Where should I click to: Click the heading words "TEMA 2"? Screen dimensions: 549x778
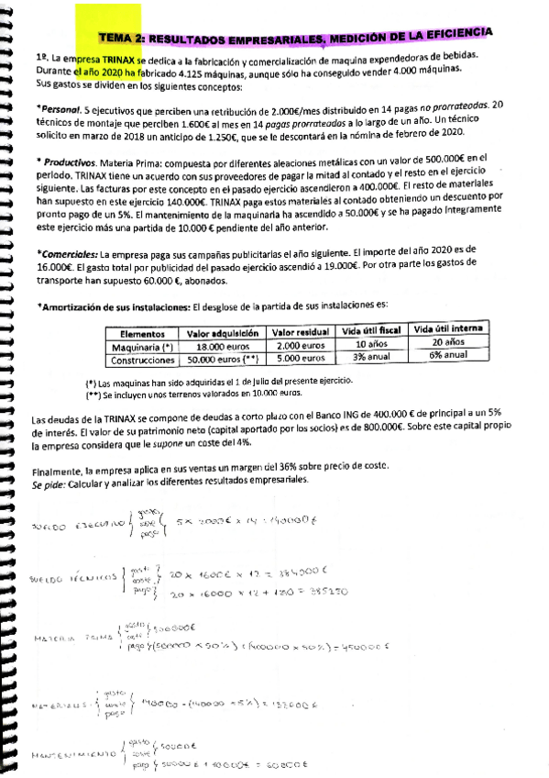click(121, 39)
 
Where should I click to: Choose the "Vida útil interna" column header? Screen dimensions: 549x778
click(447, 328)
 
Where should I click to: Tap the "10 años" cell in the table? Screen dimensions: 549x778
click(367, 343)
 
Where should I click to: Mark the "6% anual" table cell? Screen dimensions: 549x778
click(447, 354)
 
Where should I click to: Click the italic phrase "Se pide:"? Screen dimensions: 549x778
click(50, 481)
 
